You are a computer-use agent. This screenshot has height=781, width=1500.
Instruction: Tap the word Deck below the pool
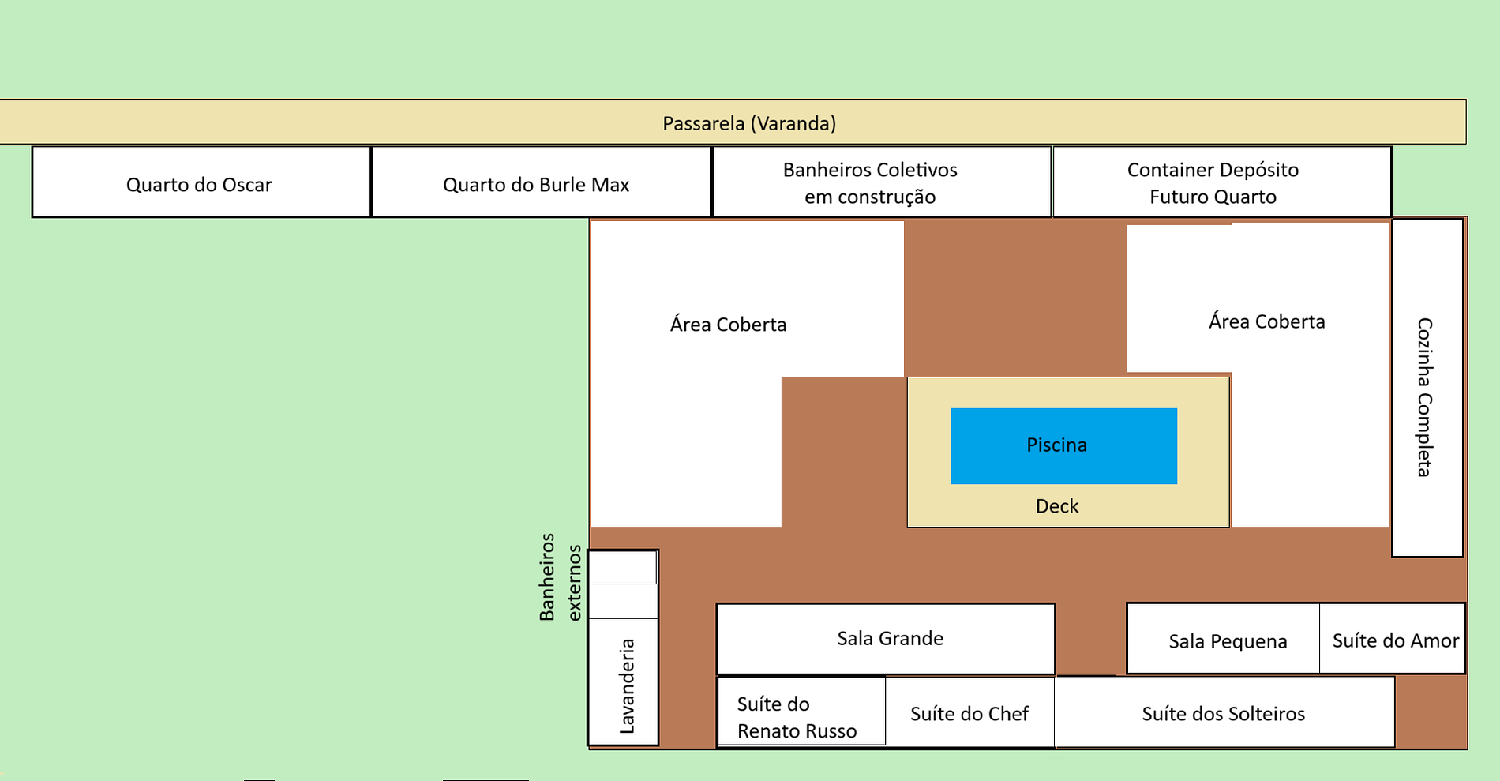1056,506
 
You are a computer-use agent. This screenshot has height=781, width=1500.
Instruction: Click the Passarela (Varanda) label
748,123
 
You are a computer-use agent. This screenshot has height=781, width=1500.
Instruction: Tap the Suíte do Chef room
969,712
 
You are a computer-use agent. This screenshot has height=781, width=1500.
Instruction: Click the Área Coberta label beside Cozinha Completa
1266,321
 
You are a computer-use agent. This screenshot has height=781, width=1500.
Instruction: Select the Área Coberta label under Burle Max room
728,325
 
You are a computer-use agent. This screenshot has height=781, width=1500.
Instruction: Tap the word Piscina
1056,445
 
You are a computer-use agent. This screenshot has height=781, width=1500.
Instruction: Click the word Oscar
247,185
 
